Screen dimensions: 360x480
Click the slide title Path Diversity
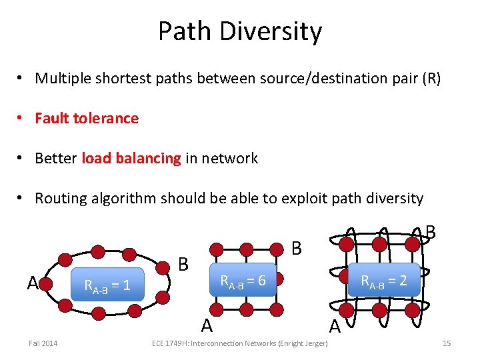(x=240, y=31)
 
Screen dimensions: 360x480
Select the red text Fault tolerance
(x=87, y=119)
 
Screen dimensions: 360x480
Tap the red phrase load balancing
(x=131, y=159)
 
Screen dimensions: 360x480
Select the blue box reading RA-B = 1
(x=107, y=287)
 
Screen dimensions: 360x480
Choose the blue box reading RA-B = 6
(x=243, y=281)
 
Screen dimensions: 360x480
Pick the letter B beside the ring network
(x=183, y=264)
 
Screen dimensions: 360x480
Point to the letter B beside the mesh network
(x=297, y=248)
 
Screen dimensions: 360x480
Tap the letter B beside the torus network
(x=430, y=232)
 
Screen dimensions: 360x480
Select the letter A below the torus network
(x=335, y=327)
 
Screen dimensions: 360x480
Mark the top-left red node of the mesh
(x=215, y=249)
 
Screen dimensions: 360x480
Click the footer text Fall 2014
(x=43, y=343)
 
